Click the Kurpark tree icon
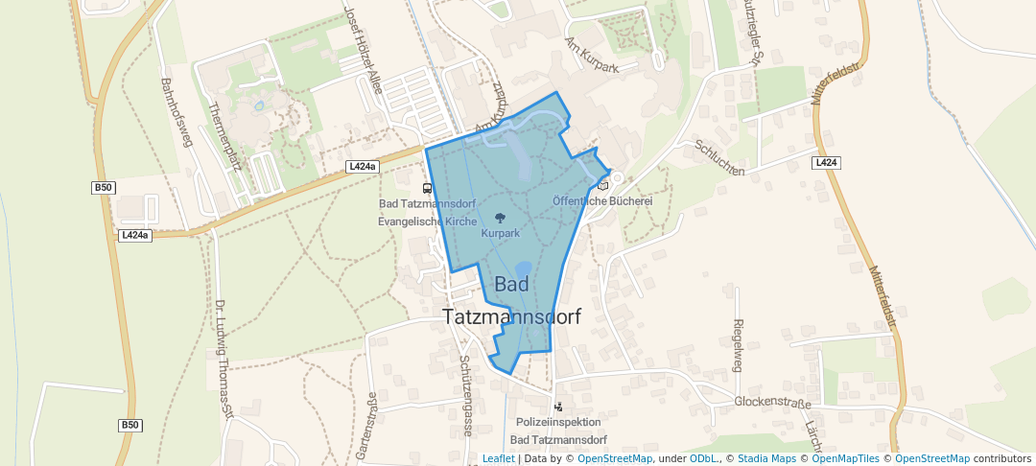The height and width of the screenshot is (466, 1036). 499,218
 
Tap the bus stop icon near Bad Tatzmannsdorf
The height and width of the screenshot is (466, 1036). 427,188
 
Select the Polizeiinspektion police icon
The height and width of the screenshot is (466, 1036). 558,407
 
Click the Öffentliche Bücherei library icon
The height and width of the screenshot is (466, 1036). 602,185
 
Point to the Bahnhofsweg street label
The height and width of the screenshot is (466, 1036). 177,111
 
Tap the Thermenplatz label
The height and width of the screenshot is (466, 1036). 222,134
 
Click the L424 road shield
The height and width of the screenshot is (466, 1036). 826,163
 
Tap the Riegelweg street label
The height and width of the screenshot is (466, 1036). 738,345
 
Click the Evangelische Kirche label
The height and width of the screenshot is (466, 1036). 427,221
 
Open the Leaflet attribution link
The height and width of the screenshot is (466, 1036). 498,458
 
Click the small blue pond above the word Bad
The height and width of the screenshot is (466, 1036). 523,269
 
